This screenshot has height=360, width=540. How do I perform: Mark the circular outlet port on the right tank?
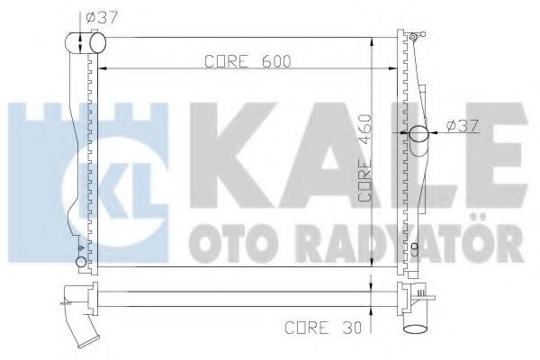[x=420, y=135]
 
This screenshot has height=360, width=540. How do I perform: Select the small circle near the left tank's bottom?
[x=82, y=262]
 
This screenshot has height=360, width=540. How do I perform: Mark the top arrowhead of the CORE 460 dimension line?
[x=373, y=41]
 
